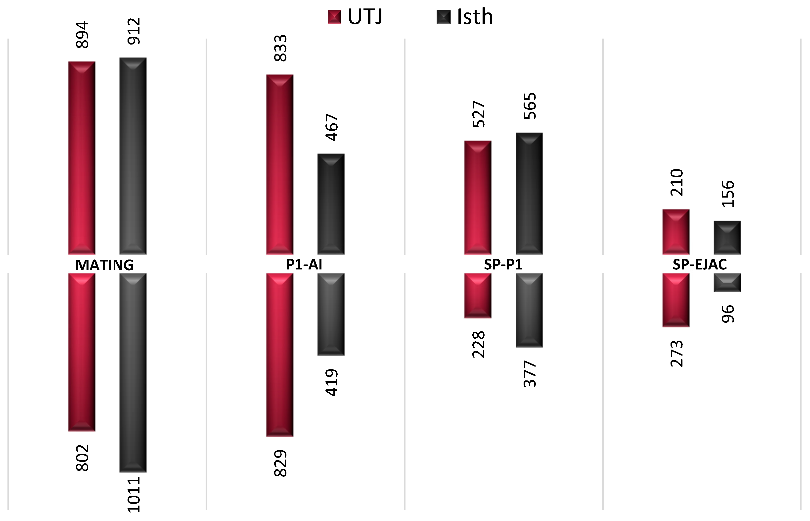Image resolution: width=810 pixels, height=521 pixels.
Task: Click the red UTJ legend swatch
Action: point(334,17)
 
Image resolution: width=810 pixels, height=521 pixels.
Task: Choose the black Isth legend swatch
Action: point(444,17)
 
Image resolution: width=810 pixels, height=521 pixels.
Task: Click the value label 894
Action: point(82,35)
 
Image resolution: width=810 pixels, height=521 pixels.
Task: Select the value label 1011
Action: point(134,494)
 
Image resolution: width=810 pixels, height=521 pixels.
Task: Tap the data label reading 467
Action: point(332,127)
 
